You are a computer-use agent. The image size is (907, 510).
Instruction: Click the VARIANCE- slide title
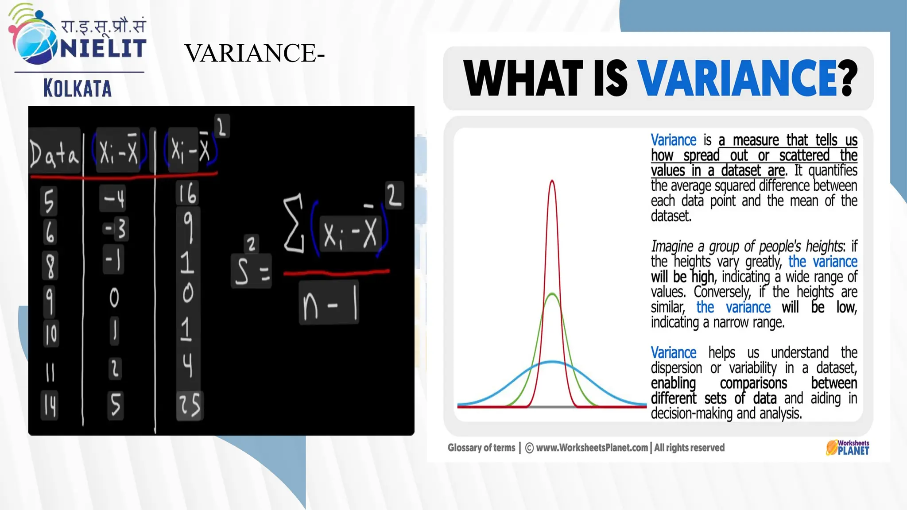[x=254, y=53]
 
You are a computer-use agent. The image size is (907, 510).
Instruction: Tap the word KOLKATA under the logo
[x=78, y=88]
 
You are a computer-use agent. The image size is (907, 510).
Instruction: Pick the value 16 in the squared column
[x=187, y=193]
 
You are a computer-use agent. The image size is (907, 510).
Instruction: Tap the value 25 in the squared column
[x=190, y=405]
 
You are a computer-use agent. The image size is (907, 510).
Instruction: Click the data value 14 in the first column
[x=50, y=405]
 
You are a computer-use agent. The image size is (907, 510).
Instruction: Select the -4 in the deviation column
[x=114, y=199]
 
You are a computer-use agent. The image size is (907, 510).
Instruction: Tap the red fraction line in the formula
[x=337, y=272]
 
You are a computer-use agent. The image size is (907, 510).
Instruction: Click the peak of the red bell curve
[x=552, y=181]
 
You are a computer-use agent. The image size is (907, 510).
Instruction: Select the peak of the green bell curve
[x=552, y=294]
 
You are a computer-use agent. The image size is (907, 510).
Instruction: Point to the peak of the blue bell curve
[x=552, y=362]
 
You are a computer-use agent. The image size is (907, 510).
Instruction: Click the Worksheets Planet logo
[x=847, y=448]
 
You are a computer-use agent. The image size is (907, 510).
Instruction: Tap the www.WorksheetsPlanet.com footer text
[x=592, y=448]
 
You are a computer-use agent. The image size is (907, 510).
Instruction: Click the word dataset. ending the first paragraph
[x=671, y=216]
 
